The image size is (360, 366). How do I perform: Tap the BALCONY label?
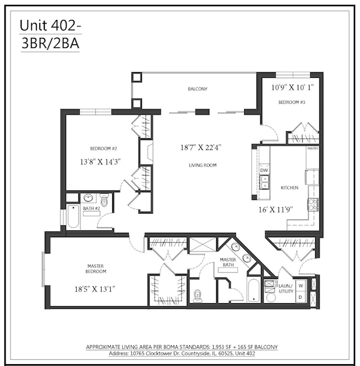[197, 89]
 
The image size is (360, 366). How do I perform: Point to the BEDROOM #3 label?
[291, 101]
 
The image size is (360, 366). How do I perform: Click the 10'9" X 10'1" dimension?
[291, 87]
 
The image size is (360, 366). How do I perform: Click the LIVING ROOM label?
[202, 165]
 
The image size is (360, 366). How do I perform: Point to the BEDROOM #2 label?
[104, 148]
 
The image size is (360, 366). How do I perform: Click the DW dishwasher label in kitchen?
[264, 170]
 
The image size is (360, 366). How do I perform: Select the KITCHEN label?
[290, 187]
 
